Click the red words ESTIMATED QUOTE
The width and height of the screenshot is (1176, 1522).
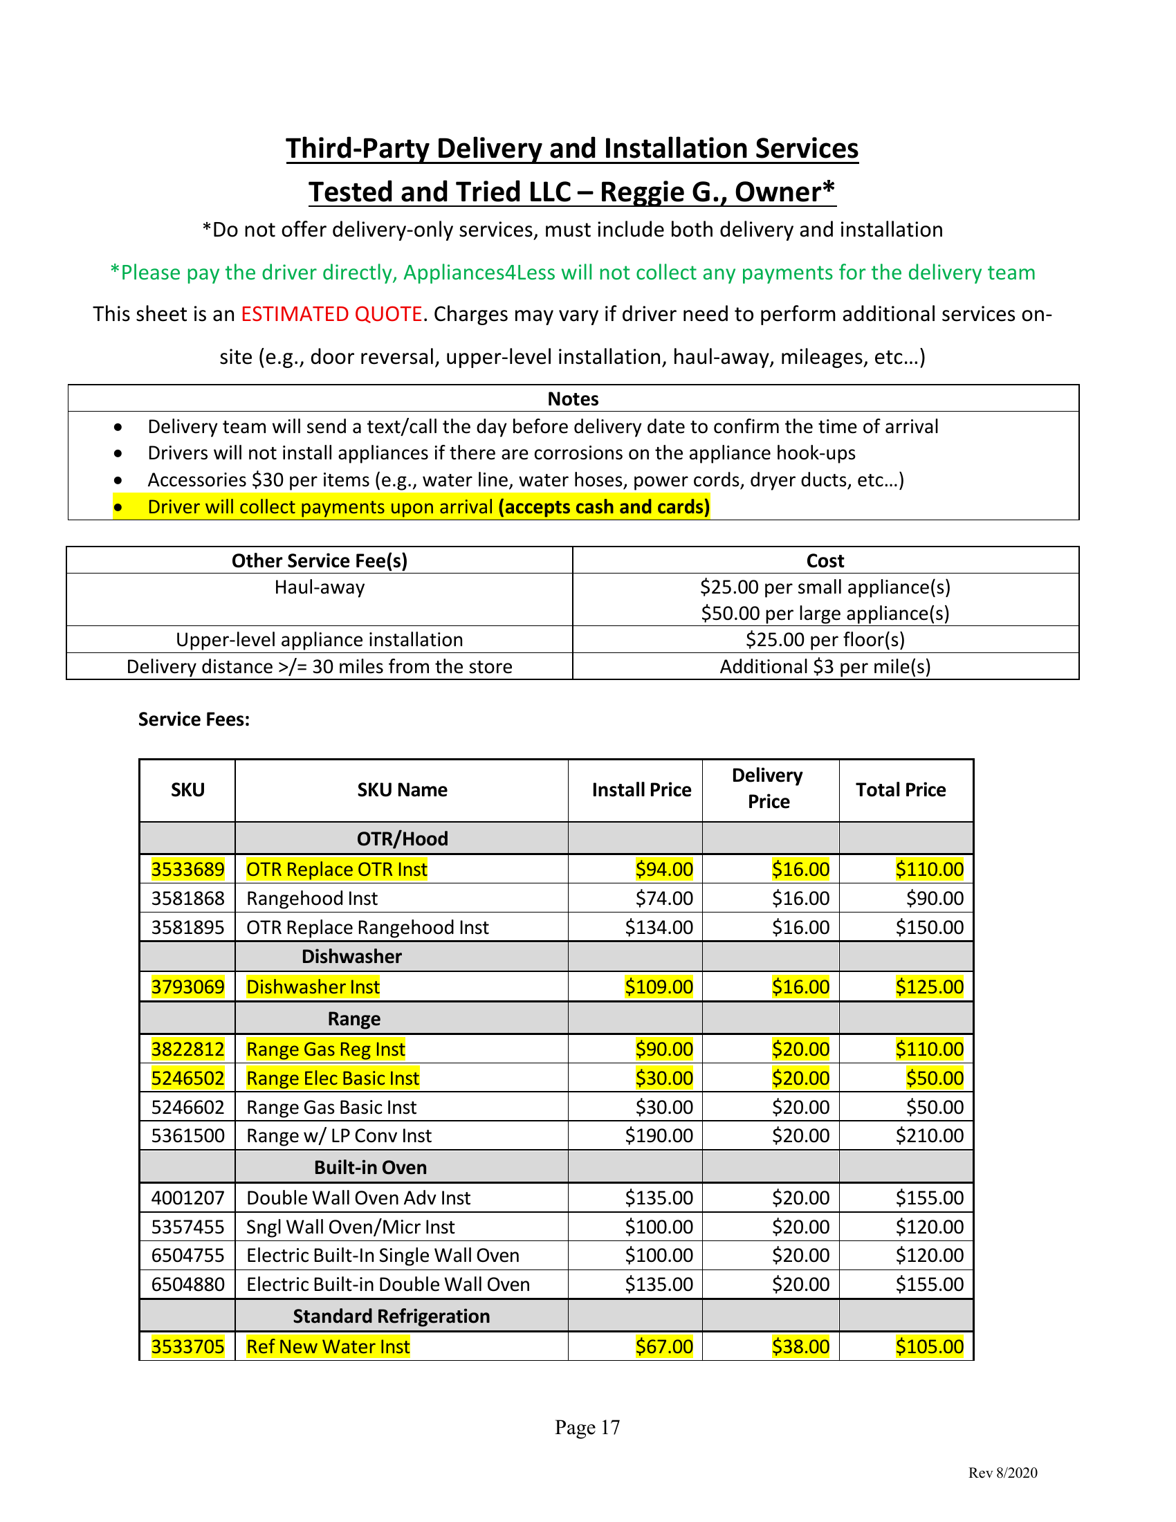coord(331,314)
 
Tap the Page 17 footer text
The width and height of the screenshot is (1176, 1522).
coord(587,1427)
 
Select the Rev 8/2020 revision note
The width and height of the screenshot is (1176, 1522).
coord(1002,1472)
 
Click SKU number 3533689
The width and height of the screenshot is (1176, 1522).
coord(187,869)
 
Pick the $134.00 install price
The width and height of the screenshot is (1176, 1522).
coord(659,928)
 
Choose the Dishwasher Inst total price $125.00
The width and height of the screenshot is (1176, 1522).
coord(928,987)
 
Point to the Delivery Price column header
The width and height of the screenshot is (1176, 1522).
coord(768,789)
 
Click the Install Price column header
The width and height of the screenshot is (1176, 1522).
coord(641,789)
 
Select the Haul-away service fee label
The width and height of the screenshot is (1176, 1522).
coord(319,587)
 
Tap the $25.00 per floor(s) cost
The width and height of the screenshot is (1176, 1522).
coord(825,640)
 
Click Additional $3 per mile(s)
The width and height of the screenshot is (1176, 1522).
coord(825,667)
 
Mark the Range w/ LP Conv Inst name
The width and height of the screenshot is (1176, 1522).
coord(338,1136)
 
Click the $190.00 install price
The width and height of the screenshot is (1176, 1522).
coord(659,1136)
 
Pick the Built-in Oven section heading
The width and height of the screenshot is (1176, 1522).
coord(370,1167)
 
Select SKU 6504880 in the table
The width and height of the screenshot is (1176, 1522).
coord(187,1285)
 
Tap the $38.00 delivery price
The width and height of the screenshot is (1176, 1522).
coord(800,1346)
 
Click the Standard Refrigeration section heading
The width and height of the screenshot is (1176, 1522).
coord(391,1316)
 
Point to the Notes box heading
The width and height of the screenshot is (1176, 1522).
coord(573,398)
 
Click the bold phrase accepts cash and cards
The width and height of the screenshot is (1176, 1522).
coord(603,506)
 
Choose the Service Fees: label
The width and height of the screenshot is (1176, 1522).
coord(194,719)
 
